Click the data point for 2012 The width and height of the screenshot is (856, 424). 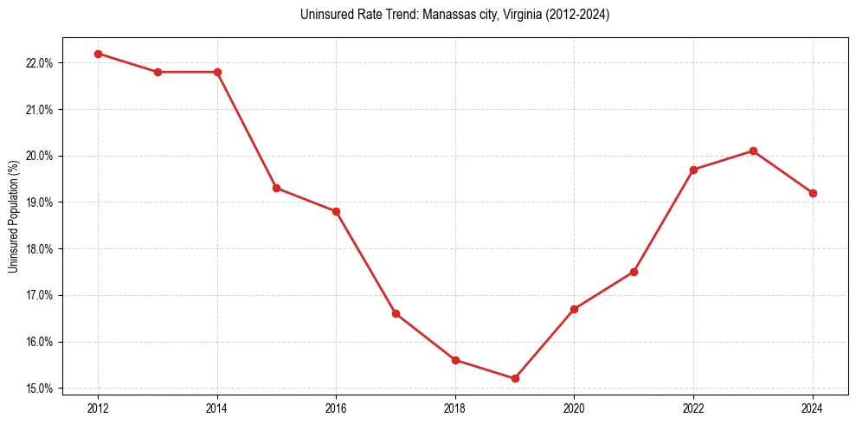[x=98, y=54]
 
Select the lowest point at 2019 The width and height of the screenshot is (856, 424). [x=515, y=378]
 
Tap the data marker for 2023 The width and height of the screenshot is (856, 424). [x=753, y=151]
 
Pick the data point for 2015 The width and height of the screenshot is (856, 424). [x=277, y=188]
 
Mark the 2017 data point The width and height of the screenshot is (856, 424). [x=396, y=313]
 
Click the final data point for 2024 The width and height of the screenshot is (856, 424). [x=813, y=193]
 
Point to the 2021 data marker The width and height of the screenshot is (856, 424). [x=634, y=272]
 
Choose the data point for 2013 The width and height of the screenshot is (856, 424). [x=158, y=72]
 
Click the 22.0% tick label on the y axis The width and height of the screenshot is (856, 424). [x=40, y=63]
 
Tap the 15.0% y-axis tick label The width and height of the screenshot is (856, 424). [x=40, y=389]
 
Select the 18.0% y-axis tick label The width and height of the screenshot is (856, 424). [x=40, y=249]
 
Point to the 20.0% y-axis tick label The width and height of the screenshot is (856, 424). [x=40, y=156]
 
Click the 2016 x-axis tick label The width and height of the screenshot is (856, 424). [x=336, y=408]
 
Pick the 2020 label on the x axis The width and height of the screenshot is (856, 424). [x=574, y=408]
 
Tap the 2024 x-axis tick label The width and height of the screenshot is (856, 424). [x=813, y=408]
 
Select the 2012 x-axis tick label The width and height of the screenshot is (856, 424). [x=98, y=408]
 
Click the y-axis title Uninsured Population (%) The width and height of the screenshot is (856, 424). [x=13, y=216]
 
